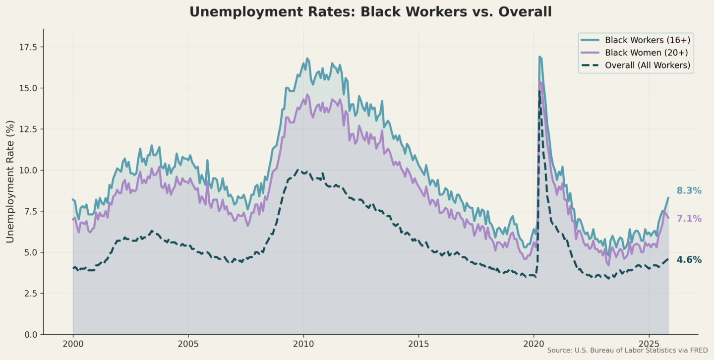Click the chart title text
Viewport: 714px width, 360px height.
(370, 12)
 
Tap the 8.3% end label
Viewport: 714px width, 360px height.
(689, 191)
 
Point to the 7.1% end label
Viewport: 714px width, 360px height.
(689, 219)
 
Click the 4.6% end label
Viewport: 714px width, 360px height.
(689, 260)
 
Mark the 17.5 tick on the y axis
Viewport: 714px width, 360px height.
(29, 47)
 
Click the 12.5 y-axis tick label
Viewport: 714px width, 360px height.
(29, 129)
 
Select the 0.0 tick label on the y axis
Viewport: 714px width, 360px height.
(31, 334)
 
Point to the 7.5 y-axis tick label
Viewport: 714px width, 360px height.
(31, 211)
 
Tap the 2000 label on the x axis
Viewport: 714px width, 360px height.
(73, 344)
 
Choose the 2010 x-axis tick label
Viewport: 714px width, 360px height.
(303, 344)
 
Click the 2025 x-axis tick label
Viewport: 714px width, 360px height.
(649, 344)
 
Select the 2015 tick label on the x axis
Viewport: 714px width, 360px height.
(418, 344)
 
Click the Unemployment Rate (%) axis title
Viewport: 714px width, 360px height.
(10, 181)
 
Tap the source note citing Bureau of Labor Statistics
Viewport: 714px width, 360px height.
(627, 351)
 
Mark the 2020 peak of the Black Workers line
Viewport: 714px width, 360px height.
(539, 57)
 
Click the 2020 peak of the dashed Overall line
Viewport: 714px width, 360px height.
(539, 91)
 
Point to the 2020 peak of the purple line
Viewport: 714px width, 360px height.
(539, 82)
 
